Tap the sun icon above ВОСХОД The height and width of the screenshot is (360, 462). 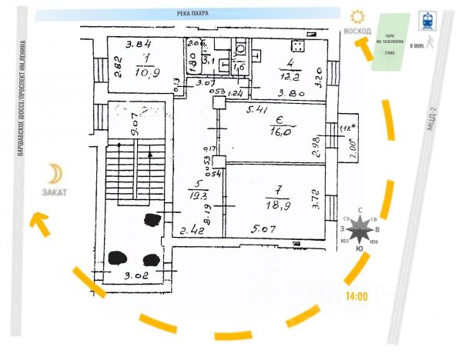click(x=357, y=15)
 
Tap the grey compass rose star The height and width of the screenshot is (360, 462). click(x=359, y=229)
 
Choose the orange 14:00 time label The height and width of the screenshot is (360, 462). click(x=356, y=295)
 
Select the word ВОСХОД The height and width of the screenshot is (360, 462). click(x=357, y=31)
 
